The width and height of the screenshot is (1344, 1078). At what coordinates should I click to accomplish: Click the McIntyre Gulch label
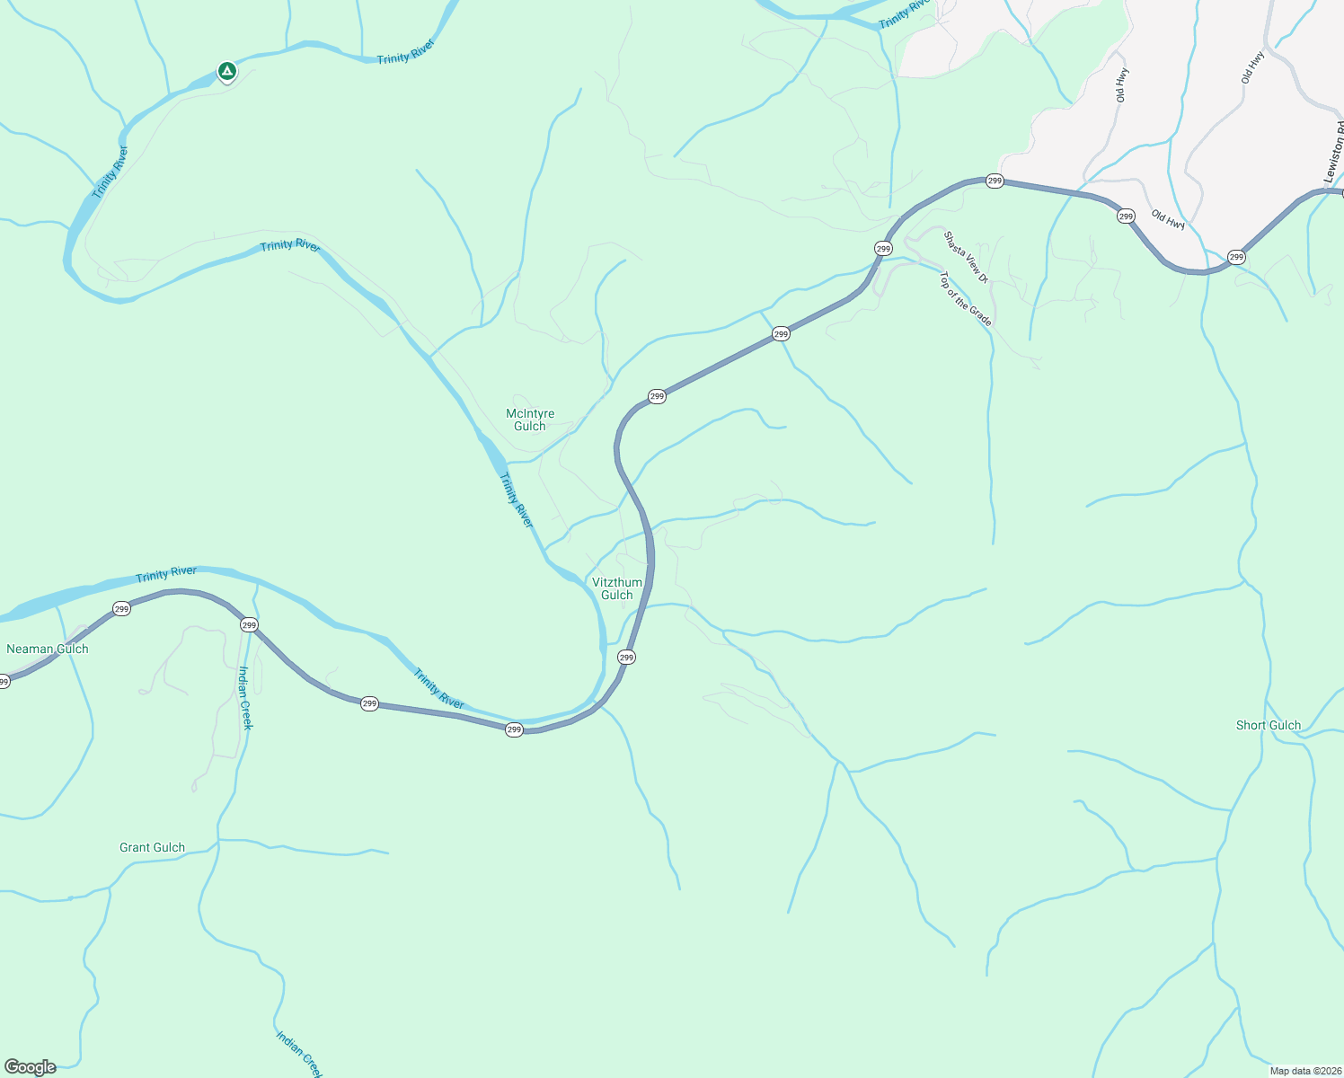click(530, 420)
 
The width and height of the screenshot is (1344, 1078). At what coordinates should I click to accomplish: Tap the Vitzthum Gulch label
click(617, 588)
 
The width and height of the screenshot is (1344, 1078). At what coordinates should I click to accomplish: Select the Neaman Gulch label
click(48, 649)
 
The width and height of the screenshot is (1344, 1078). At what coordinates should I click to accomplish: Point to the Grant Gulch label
click(152, 847)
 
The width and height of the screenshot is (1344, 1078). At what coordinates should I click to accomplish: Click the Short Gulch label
click(1268, 725)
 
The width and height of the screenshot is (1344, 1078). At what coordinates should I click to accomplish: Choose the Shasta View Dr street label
click(966, 257)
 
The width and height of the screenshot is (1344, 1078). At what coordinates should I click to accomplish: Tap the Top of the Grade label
click(966, 299)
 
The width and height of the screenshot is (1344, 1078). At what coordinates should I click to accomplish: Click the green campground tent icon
click(227, 71)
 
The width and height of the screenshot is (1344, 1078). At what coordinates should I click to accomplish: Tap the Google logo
click(31, 1067)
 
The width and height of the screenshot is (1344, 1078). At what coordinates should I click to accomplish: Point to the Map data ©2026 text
click(1303, 1071)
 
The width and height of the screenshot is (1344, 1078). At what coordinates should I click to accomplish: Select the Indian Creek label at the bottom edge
click(299, 1053)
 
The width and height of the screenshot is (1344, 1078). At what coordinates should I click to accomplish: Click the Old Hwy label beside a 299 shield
click(1168, 220)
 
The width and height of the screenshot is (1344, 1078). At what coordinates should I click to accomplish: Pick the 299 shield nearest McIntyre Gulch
click(657, 396)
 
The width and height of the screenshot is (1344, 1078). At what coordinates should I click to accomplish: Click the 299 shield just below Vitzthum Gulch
click(626, 658)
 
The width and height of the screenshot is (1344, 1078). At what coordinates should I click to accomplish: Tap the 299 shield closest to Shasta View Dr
click(883, 248)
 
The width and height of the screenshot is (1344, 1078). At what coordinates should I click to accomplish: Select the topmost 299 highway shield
click(995, 181)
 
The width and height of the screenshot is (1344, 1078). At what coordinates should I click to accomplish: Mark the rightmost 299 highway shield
click(1236, 257)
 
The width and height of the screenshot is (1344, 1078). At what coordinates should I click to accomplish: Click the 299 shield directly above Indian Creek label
click(249, 624)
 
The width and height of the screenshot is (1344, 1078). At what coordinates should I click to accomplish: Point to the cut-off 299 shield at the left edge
click(4, 682)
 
